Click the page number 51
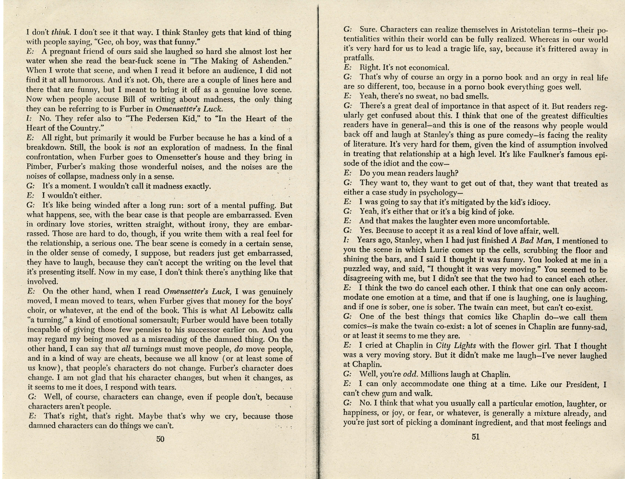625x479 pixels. [x=475, y=437]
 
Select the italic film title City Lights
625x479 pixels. [x=456, y=346]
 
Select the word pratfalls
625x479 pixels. [x=358, y=58]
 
